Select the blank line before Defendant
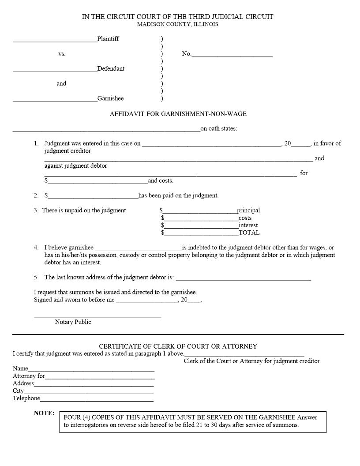point(55,71)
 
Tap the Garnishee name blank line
point(55,101)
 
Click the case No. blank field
point(232,56)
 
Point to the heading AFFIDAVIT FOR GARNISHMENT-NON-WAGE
point(178,114)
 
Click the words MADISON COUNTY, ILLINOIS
point(177,24)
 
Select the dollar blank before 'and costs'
point(97,182)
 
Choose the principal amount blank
point(200,212)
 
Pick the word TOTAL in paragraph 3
point(249,233)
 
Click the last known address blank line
point(243,279)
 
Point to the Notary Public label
point(73,322)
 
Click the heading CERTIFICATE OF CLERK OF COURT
point(178,346)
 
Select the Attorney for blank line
point(100,378)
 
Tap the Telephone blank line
point(97,400)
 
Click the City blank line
point(89,393)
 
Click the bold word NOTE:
point(44,413)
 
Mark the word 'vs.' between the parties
point(62,54)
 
